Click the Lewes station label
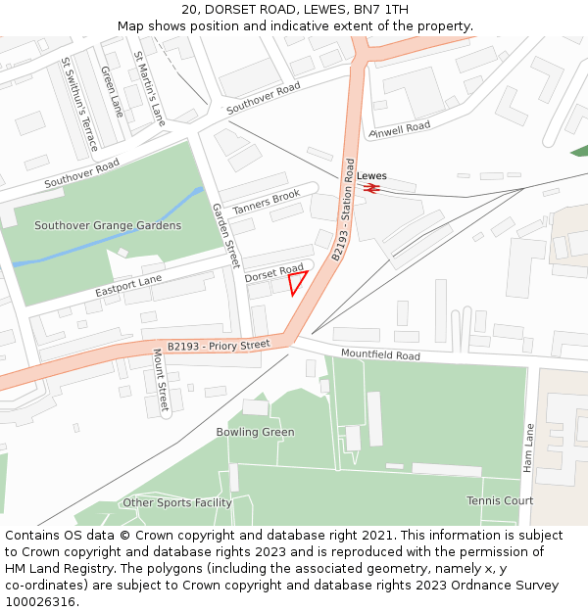coord(371,176)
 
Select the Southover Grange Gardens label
coord(108,225)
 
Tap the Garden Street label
coord(226,236)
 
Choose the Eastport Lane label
coord(128,287)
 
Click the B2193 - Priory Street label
coord(219,345)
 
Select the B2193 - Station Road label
coord(343,211)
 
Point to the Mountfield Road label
coord(380,353)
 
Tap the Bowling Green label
coord(255,432)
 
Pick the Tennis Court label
coord(500,500)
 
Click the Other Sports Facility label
coord(177,502)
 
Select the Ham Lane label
coord(528,448)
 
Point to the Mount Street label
coord(161,380)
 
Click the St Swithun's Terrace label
coord(79,103)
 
